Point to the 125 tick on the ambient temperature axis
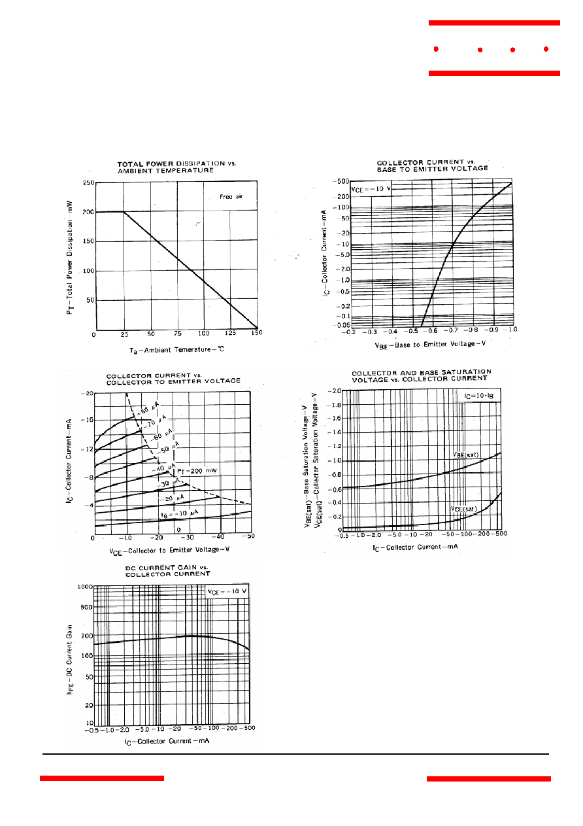[x=231, y=334]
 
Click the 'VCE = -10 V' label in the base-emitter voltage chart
[x=371, y=189]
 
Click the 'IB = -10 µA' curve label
[x=178, y=513]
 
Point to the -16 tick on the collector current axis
[x=88, y=420]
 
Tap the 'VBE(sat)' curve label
[x=467, y=454]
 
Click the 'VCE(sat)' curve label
[x=463, y=508]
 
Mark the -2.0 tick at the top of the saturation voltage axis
[x=334, y=390]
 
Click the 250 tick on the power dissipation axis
[x=87, y=183]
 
